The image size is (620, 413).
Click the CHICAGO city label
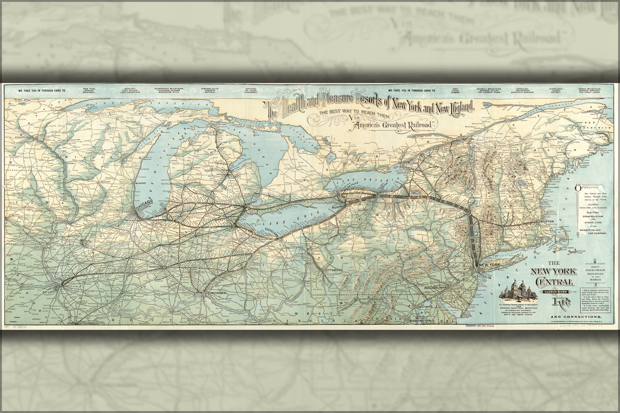click(143, 201)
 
